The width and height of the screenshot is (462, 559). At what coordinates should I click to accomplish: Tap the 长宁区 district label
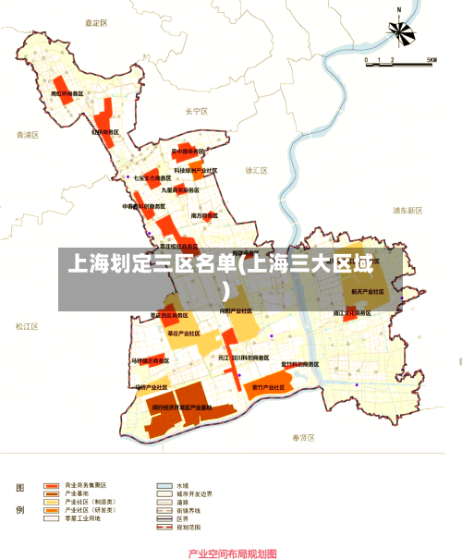tap(196, 111)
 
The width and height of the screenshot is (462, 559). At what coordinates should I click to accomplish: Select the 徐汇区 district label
tap(256, 171)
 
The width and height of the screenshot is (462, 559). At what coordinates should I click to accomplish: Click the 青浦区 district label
tap(29, 135)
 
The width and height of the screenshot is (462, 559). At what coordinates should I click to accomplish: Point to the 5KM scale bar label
tap(431, 60)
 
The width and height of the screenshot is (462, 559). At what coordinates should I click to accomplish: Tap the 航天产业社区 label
tap(367, 291)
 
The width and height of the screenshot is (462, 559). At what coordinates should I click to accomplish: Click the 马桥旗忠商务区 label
tap(148, 360)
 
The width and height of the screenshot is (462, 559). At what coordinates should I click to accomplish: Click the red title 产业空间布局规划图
tap(232, 553)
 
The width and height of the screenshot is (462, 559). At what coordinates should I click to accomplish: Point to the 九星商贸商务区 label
tap(180, 189)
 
